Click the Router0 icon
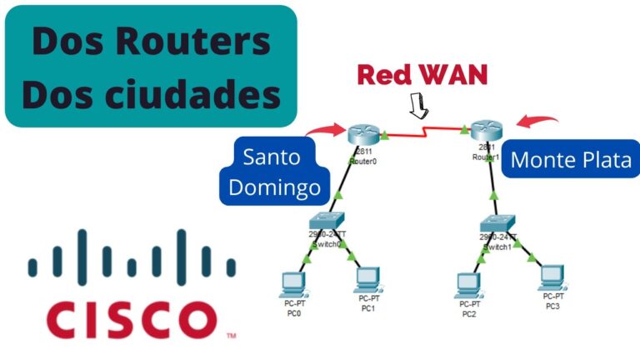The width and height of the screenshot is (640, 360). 362,133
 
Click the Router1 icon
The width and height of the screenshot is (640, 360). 483,131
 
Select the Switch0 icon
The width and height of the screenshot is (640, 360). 322,222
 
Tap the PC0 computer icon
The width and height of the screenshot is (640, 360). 292,282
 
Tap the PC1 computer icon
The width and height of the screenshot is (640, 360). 366,279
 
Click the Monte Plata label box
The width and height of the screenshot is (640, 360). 571,160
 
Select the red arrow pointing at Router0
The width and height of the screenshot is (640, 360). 325,129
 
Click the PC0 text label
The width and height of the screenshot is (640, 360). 292,314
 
